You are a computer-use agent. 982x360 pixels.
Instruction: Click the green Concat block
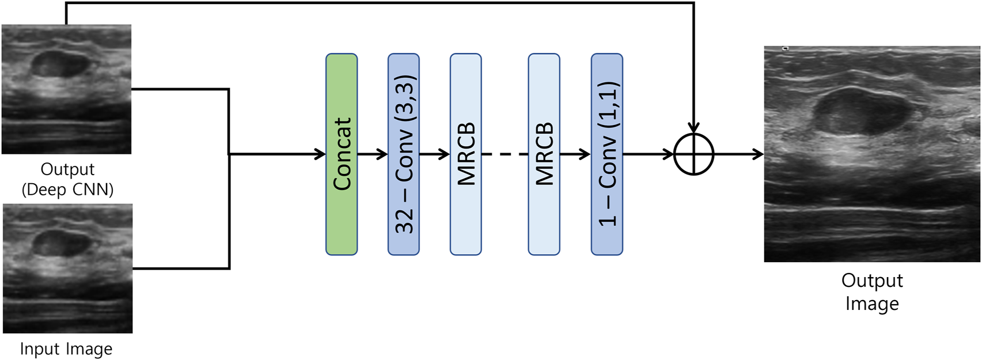click(342, 154)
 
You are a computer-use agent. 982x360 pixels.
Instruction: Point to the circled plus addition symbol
click(693, 154)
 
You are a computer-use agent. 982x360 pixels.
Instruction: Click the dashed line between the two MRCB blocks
click(505, 154)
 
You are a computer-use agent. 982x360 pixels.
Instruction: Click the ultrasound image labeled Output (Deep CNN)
click(66, 89)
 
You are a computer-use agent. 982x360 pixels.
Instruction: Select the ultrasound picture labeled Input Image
click(67, 268)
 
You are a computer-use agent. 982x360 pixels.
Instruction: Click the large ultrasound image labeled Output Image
click(872, 154)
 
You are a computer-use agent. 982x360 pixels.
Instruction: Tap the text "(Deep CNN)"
click(67, 190)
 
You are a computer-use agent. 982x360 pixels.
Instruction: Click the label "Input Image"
click(66, 349)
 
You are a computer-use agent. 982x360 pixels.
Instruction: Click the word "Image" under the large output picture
click(872, 304)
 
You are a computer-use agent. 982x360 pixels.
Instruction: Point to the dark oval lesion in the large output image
click(858, 112)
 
